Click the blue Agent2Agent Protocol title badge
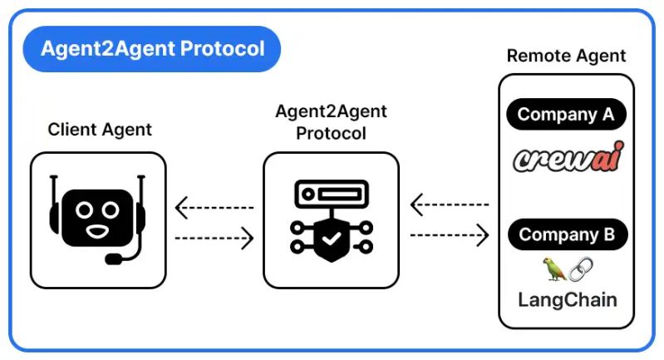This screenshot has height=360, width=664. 151,49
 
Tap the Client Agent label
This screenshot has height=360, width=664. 100,129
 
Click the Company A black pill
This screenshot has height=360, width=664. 566,115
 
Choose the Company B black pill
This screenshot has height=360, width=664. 567,235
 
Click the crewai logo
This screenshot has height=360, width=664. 567,158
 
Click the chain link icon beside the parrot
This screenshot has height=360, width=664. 581,269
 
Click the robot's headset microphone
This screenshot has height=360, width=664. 116,259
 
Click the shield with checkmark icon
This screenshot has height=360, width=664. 331,240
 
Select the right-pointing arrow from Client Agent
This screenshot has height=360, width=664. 214,239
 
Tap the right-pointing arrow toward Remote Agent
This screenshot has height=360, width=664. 449,235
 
